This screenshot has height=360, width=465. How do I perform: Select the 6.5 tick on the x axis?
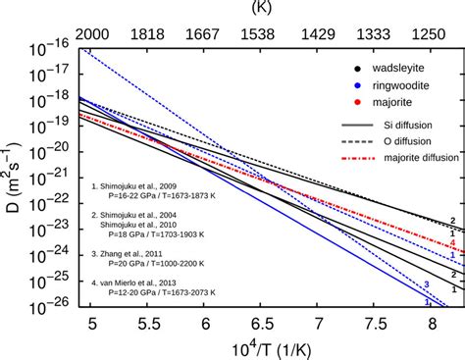(261, 321)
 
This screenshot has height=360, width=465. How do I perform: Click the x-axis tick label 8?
(430, 321)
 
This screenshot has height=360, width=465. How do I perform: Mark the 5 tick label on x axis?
(91, 321)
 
